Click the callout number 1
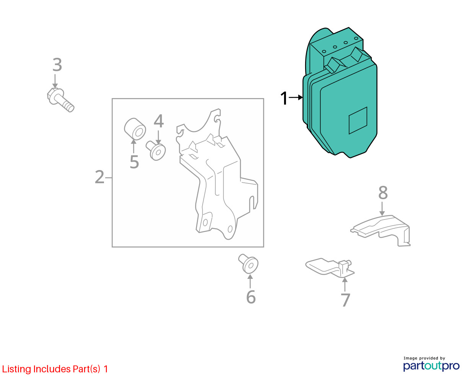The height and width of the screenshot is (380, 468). point(284,98)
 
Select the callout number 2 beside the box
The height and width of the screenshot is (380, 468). point(99,177)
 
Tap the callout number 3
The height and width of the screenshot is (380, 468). point(57,65)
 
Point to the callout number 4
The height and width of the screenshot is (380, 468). point(159,121)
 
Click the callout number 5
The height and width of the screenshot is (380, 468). point(134,162)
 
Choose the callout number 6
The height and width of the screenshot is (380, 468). point(251,297)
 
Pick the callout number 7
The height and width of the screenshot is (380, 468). point(345,300)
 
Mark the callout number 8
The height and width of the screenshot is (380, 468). point(383,193)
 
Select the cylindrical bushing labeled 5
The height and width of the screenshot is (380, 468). point(135,129)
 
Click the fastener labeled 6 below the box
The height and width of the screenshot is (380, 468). point(248,264)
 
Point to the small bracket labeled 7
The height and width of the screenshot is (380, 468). point(330,267)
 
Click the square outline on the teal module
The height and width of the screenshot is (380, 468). point(358,120)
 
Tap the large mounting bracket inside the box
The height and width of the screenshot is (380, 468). point(216,174)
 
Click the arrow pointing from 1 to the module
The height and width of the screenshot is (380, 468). point(296,97)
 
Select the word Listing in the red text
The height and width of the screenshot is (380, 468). point(16,369)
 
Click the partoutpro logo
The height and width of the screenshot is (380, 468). point(431,366)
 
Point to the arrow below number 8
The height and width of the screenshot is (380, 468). point(382,208)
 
